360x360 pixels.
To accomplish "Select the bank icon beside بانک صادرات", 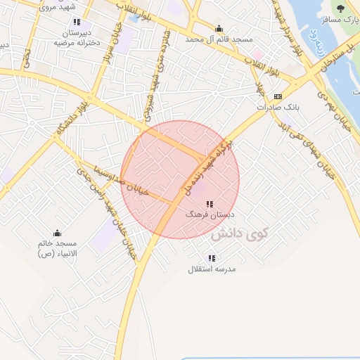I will (278, 96).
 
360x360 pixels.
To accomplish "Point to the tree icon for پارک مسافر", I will (341, 8).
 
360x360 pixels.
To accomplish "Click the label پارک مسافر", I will (335, 20).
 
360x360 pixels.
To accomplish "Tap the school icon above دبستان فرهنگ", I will (210, 203).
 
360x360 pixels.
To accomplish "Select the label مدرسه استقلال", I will (212, 269).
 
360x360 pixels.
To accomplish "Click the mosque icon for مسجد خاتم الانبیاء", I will (57, 233).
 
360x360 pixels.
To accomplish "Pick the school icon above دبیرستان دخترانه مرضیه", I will (77, 22).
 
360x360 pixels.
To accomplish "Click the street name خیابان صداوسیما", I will (144, 188).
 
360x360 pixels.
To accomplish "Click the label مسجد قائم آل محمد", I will (219, 40).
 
